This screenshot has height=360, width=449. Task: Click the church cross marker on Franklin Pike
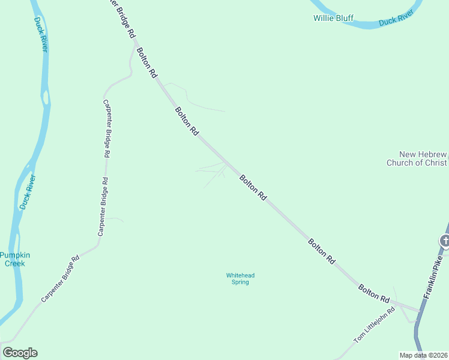click(444, 241)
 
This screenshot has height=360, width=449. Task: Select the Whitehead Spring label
click(240, 278)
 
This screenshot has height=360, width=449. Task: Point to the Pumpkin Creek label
click(14, 259)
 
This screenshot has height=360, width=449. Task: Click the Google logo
click(20, 353)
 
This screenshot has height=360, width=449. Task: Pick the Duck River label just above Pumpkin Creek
click(28, 191)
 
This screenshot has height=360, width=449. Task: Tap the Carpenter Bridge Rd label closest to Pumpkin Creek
click(60, 280)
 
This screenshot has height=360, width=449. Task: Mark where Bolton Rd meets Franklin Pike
click(420, 310)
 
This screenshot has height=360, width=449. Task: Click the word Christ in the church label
click(435, 163)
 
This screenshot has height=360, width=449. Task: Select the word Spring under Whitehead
click(240, 282)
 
